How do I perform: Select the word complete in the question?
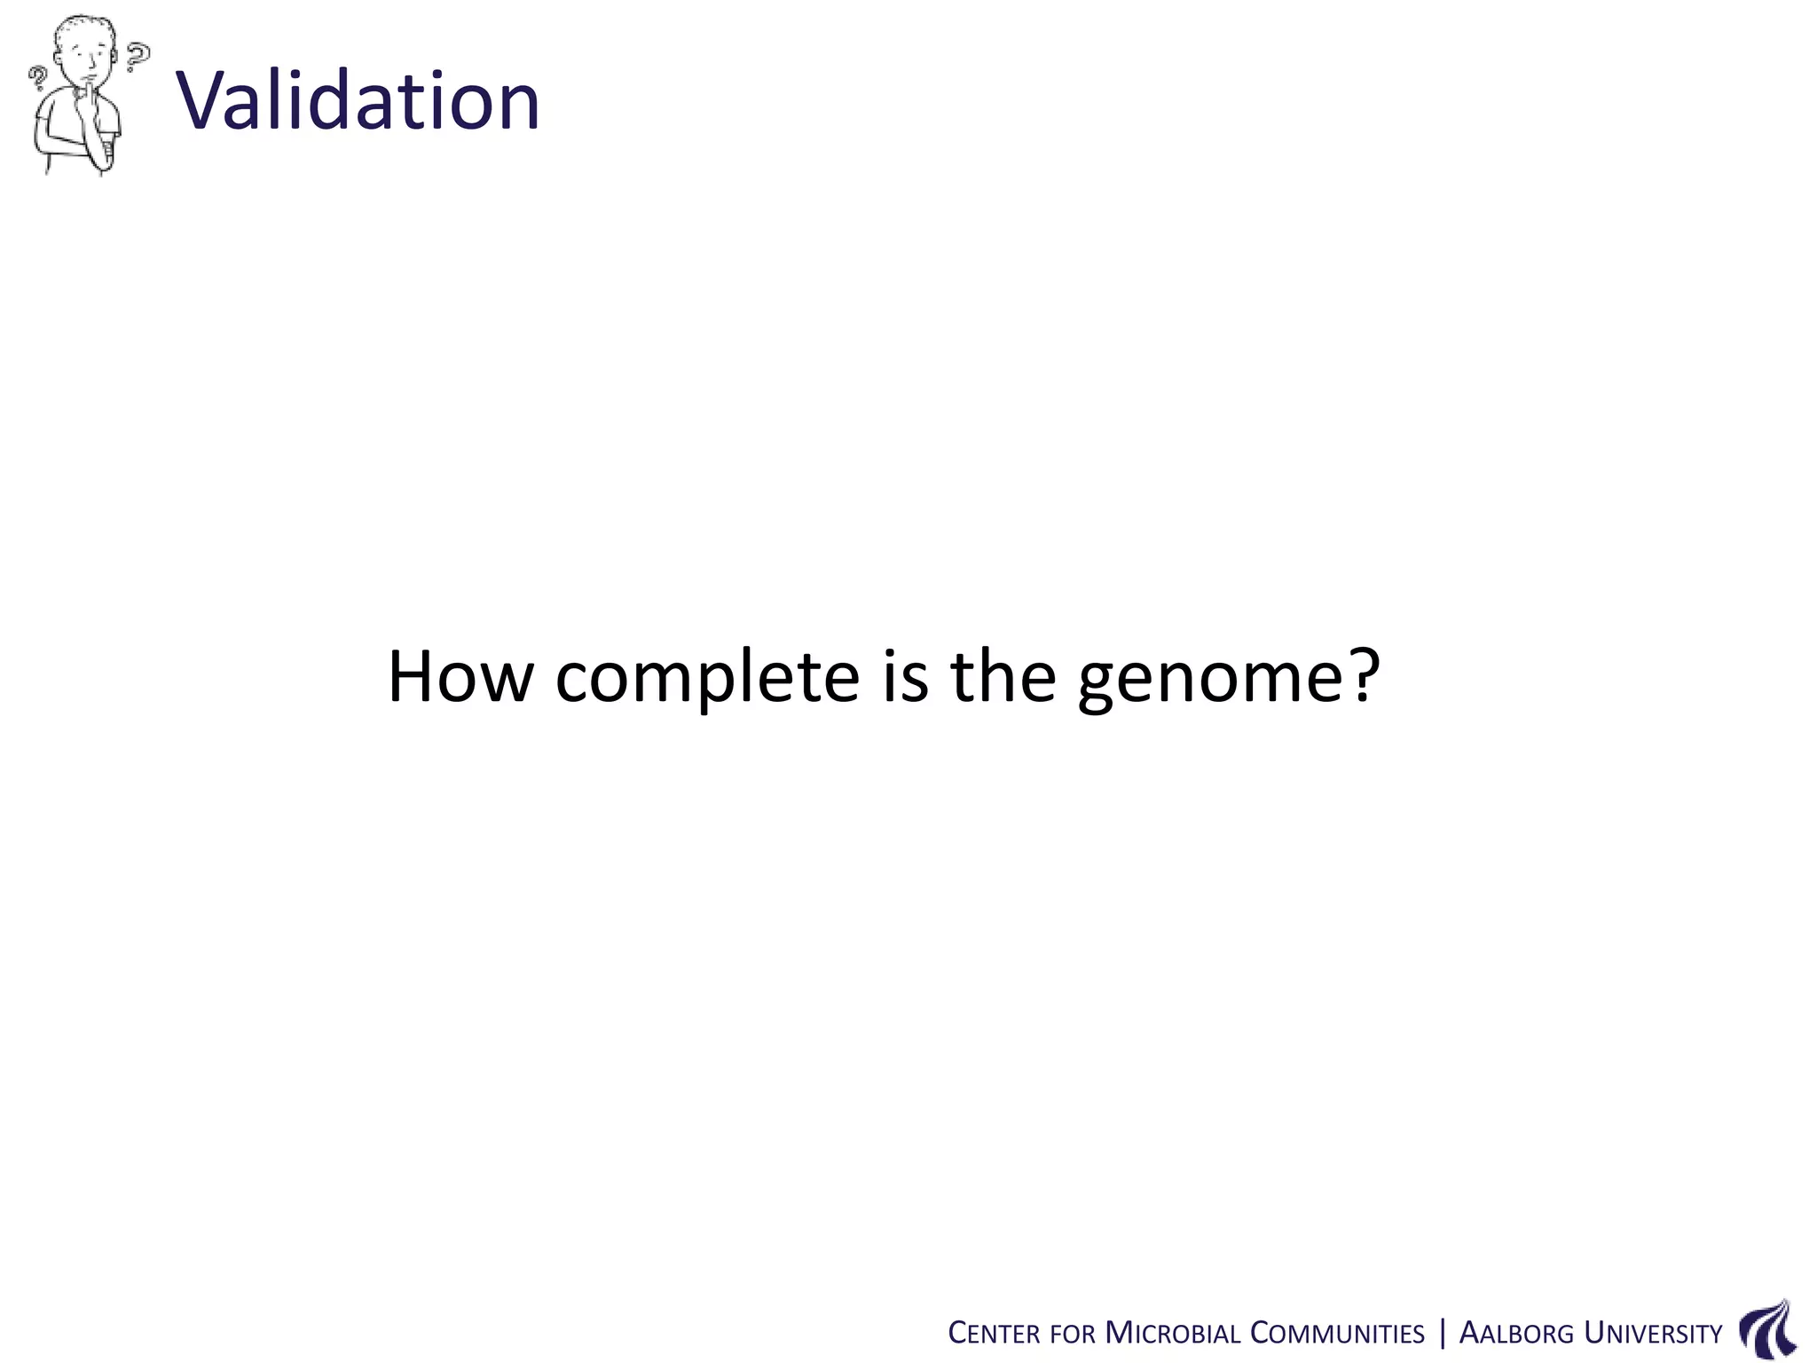click(707, 679)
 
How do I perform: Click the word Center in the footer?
click(993, 1333)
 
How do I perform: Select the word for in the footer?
click(1072, 1334)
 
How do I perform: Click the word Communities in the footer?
click(1337, 1333)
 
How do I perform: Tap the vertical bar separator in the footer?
click(1442, 1333)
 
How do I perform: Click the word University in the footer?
click(1653, 1333)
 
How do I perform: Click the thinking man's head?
click(85, 49)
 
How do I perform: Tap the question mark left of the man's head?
click(37, 81)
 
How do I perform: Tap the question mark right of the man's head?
click(137, 56)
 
